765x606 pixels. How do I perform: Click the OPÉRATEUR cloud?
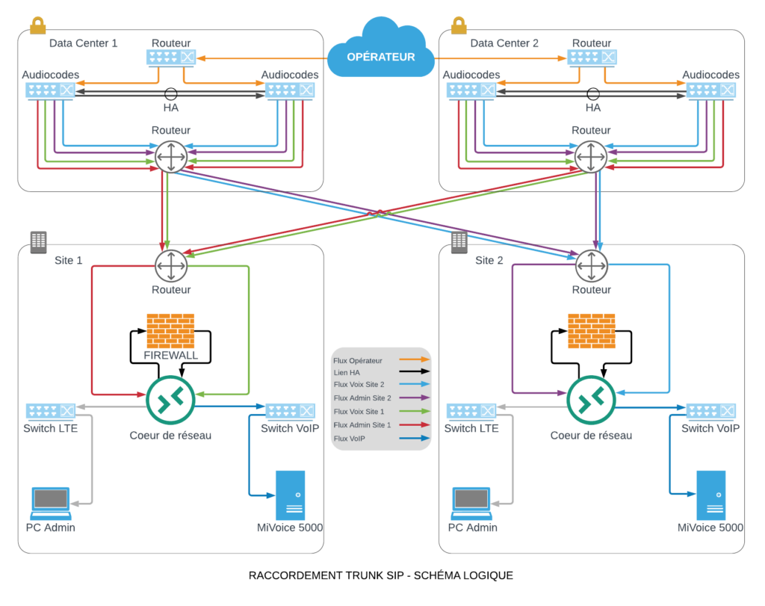[x=380, y=52]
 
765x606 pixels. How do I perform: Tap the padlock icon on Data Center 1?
[x=37, y=25]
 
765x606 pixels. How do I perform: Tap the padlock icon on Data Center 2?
[x=458, y=25]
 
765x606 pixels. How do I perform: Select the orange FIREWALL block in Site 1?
[x=171, y=330]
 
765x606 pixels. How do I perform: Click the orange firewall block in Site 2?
[x=591, y=330]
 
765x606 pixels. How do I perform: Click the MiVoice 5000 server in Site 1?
[x=290, y=495]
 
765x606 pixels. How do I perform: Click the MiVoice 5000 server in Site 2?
[x=710, y=495]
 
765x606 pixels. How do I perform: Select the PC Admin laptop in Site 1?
[x=51, y=503]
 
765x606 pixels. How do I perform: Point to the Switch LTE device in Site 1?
[x=51, y=411]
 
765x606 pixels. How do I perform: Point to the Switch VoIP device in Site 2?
[x=710, y=411]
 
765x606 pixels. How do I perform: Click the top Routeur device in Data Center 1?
[x=172, y=57]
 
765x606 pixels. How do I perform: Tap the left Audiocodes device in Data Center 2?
[x=471, y=90]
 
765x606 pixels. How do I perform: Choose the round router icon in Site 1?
[x=171, y=265]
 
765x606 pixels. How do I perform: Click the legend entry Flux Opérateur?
[x=381, y=360]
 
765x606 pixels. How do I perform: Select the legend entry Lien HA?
[x=381, y=371]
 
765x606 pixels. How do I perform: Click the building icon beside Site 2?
[x=459, y=241]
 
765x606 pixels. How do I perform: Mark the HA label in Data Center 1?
[x=172, y=108]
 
